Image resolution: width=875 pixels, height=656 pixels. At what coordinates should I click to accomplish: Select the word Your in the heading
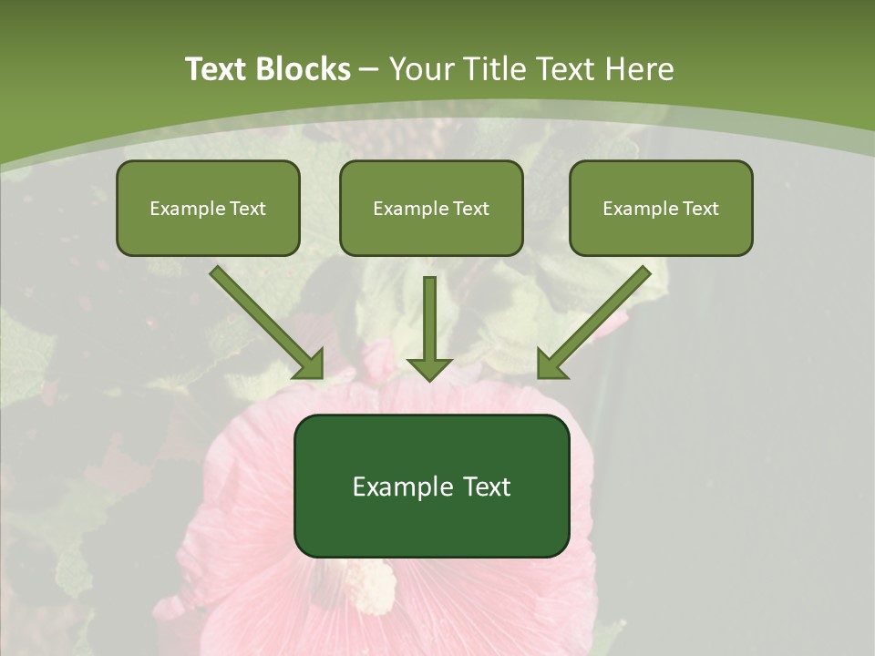pos(424,69)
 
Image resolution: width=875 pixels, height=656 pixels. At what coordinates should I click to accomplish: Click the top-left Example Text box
pos(208,208)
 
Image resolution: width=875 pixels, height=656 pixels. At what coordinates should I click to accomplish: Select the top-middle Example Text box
pos(431,208)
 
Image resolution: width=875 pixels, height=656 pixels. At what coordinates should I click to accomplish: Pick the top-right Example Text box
pos(661,208)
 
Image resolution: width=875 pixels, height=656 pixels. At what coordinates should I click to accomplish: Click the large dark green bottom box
pos(431,486)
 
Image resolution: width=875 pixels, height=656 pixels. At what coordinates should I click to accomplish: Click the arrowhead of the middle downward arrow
pos(429,367)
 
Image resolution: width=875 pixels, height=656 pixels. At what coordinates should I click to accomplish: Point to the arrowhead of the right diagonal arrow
pos(551,365)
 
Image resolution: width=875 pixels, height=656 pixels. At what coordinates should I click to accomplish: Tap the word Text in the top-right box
pos(700,209)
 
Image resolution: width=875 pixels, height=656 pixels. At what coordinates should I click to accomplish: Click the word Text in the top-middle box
pos(470,209)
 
